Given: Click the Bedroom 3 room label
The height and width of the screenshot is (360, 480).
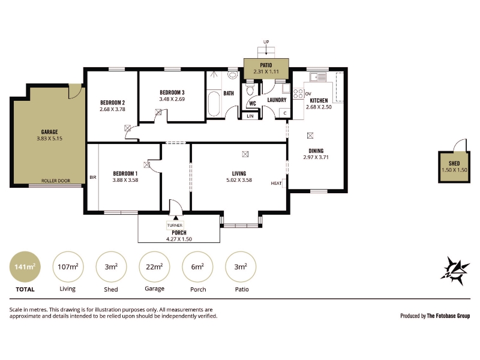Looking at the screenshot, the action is (172, 92).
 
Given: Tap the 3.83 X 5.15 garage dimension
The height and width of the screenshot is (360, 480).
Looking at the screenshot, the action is (49, 139).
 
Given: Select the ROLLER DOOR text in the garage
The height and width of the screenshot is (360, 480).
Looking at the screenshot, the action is (56, 181).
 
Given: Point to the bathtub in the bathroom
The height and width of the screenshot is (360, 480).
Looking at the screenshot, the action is (214, 103).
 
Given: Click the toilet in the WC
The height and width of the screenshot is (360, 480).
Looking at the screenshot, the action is (250, 90).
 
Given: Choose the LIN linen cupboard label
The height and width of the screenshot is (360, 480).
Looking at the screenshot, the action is (250, 116).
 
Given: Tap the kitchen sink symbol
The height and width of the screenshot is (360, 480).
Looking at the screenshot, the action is (318, 77).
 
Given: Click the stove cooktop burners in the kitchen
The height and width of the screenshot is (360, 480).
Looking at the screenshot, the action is (298, 94).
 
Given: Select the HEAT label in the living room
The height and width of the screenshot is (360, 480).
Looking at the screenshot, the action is (276, 184).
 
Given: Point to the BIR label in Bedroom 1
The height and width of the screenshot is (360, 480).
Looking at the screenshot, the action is (93, 177).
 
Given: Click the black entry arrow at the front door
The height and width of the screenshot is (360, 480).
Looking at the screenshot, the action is (176, 218).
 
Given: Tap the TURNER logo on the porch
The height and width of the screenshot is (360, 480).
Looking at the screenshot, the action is (175, 226).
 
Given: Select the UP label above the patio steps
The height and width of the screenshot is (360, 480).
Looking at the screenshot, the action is (266, 42).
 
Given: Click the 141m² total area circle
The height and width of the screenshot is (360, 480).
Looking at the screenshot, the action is (25, 266).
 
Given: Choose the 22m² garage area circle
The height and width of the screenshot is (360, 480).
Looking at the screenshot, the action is (154, 266).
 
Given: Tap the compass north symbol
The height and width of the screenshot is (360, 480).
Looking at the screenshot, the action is (455, 271).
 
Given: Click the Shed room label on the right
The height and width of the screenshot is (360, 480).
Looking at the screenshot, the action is (454, 163).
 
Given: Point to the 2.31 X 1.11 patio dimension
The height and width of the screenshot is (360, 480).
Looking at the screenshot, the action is (266, 72).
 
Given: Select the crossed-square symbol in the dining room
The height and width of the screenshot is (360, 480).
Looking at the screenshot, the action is (310, 136).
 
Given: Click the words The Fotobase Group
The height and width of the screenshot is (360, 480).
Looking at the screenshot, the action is (448, 316).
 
